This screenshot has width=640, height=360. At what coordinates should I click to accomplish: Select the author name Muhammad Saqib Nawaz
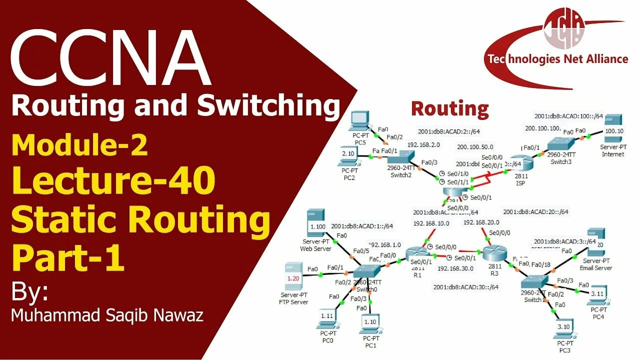[x=107, y=316]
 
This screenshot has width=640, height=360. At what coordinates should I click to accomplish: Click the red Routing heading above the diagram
[x=449, y=108]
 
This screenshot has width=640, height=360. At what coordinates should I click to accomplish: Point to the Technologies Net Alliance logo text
[x=557, y=59]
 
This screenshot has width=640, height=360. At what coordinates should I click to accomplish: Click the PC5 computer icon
[x=359, y=120]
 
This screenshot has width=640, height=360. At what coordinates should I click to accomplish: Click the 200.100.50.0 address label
[x=475, y=147]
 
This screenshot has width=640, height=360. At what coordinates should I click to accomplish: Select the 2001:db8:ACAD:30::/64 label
[x=466, y=287]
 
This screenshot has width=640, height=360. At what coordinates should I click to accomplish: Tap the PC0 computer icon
[x=327, y=318]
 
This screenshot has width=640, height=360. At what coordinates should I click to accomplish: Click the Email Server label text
[x=596, y=268]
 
